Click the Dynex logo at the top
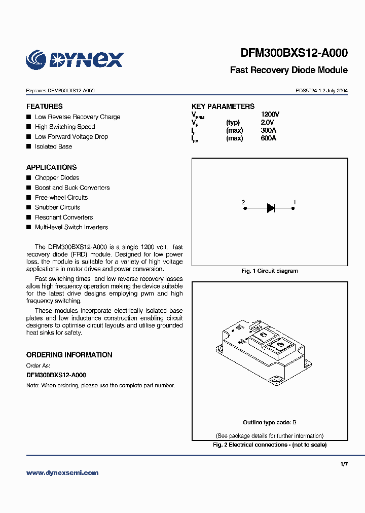click(x=75, y=59)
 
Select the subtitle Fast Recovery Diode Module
click(x=288, y=70)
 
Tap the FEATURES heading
click(x=45, y=106)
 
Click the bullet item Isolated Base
click(x=53, y=146)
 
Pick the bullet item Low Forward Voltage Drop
click(x=71, y=137)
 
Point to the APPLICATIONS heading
click(x=51, y=167)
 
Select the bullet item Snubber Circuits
click(x=57, y=207)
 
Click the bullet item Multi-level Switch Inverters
click(x=71, y=227)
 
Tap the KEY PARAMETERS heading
click(x=223, y=106)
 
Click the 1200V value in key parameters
click(x=270, y=115)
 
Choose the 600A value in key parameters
click(x=268, y=138)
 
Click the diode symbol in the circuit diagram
click(x=270, y=207)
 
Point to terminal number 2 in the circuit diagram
click(x=243, y=202)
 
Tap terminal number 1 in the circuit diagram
click(x=295, y=202)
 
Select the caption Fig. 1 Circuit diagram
click(x=269, y=271)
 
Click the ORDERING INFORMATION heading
click(x=69, y=355)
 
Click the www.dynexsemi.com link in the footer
click(x=62, y=473)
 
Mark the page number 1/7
click(x=344, y=464)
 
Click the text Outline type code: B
click(x=269, y=422)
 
